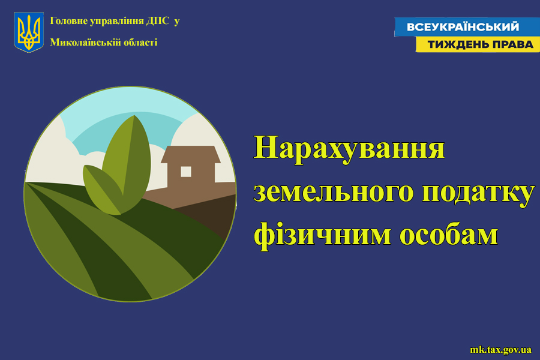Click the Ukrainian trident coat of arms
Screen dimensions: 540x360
tap(29, 32)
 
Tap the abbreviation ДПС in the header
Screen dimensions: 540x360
tap(158, 21)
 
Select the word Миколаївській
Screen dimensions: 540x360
tap(81, 43)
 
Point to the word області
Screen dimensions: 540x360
tap(136, 43)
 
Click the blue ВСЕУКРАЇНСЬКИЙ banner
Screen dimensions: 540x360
tap(467, 27)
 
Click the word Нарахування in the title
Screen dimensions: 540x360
tap(349, 148)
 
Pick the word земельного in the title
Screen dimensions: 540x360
tap(334, 191)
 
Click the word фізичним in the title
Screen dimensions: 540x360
tap(323, 234)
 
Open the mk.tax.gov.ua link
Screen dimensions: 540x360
tap(501, 350)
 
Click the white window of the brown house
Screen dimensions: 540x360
tap(186, 172)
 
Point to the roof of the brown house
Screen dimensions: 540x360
tap(190, 154)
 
